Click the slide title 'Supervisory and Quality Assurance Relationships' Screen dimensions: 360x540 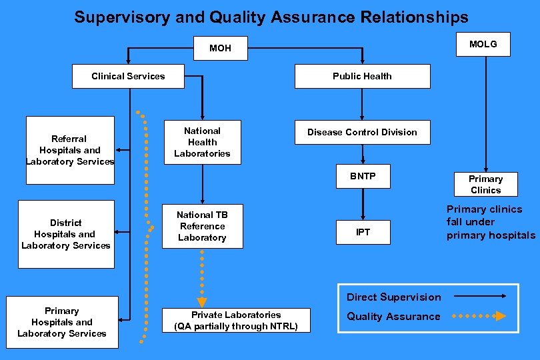coord(271,17)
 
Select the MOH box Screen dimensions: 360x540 coord(220,48)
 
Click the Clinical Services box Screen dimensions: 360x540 coord(128,76)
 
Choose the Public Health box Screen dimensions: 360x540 coord(362,76)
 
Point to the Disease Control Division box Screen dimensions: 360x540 coord(362,132)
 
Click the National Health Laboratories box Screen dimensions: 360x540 coord(202,142)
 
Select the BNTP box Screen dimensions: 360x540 coord(363,177)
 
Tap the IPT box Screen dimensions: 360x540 coord(363,232)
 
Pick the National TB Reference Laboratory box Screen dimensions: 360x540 coord(202,226)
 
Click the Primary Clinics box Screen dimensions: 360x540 coord(485,184)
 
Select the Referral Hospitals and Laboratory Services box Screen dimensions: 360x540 coord(70,150)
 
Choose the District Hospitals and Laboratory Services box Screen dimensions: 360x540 coord(66,234)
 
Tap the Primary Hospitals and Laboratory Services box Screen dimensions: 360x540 coord(62,322)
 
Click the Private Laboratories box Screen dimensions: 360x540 coord(236,321)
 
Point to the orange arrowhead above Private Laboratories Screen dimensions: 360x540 coord(202,302)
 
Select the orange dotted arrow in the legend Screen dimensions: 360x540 coord(479,316)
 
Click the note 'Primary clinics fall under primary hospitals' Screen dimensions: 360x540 coord(490,222)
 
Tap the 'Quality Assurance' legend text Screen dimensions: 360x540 coord(393,317)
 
